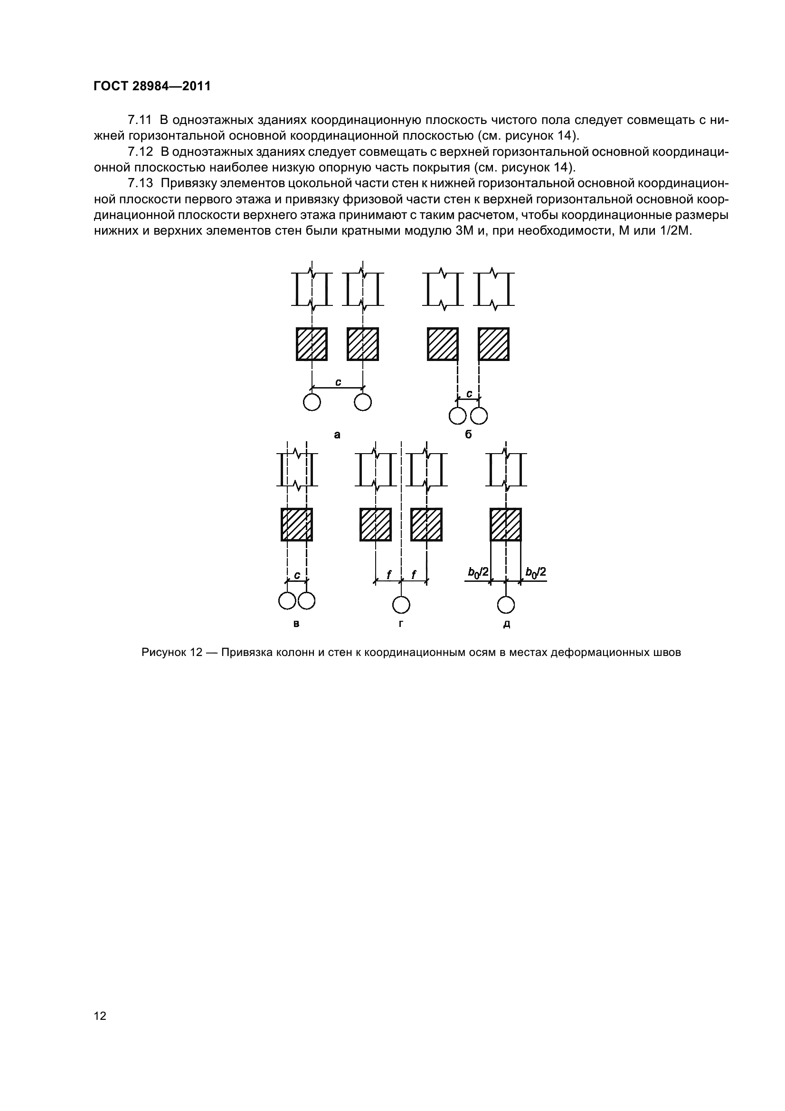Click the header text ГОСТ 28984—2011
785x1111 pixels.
[152, 86]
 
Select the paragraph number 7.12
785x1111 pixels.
[140, 152]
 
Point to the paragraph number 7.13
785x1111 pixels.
[140, 183]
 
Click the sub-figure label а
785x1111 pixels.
[337, 435]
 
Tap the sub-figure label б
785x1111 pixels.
[468, 435]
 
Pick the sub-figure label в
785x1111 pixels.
[296, 624]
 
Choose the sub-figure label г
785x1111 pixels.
[401, 624]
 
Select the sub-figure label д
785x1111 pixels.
[506, 624]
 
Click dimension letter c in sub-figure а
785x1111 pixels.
[338, 382]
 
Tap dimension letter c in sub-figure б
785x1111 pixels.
[469, 394]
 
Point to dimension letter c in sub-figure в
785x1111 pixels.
[297, 575]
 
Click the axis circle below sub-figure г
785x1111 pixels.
[401, 605]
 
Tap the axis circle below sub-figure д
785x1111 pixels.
[506, 605]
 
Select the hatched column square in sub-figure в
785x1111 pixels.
[296, 524]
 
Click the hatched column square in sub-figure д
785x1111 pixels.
[506, 524]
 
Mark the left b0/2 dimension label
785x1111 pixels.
[478, 572]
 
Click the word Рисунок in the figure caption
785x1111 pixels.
[163, 652]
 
